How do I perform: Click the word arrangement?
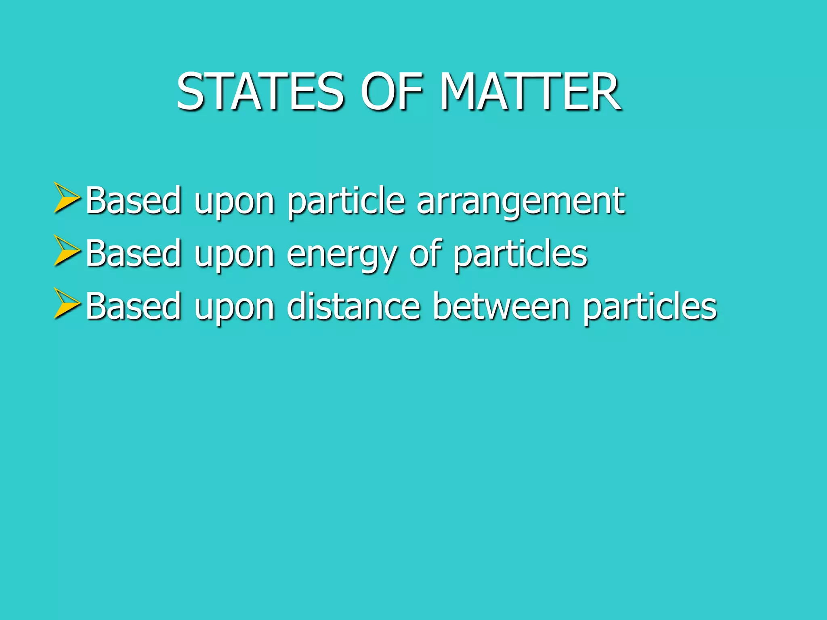coord(521,202)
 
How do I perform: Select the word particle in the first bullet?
coord(346,202)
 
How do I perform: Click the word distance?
coord(353,307)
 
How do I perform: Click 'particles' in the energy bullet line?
coord(521,254)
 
